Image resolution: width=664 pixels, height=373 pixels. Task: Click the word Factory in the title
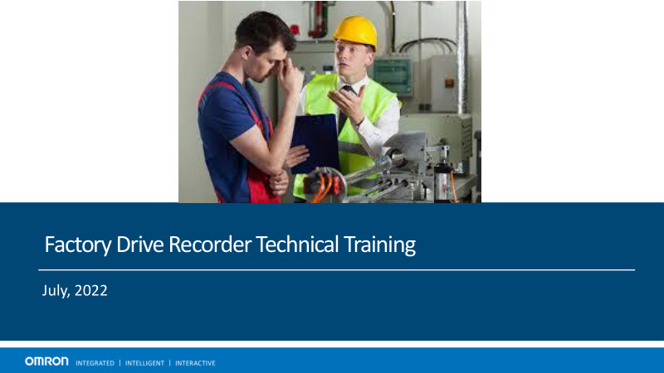tap(78, 245)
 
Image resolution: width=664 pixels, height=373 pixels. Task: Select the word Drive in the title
tap(139, 244)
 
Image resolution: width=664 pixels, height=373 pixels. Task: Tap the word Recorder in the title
tap(210, 244)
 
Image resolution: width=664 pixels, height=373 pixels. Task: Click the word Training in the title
tap(379, 245)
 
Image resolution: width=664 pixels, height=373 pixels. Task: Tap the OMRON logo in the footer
tap(46, 361)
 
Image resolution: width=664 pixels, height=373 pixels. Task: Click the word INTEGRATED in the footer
tap(95, 363)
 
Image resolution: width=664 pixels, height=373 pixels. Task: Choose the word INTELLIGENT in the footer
tap(144, 363)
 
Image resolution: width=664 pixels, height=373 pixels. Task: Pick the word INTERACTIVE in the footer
tap(195, 363)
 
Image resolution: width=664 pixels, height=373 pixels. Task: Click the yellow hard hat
tap(356, 31)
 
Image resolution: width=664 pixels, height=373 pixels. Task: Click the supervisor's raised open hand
tap(347, 103)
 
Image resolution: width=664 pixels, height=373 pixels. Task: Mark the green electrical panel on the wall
tap(392, 76)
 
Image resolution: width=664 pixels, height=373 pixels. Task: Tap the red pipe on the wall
tap(319, 20)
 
